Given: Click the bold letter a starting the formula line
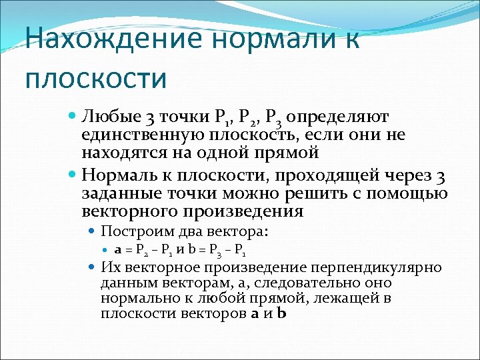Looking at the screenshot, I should point(117,251).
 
